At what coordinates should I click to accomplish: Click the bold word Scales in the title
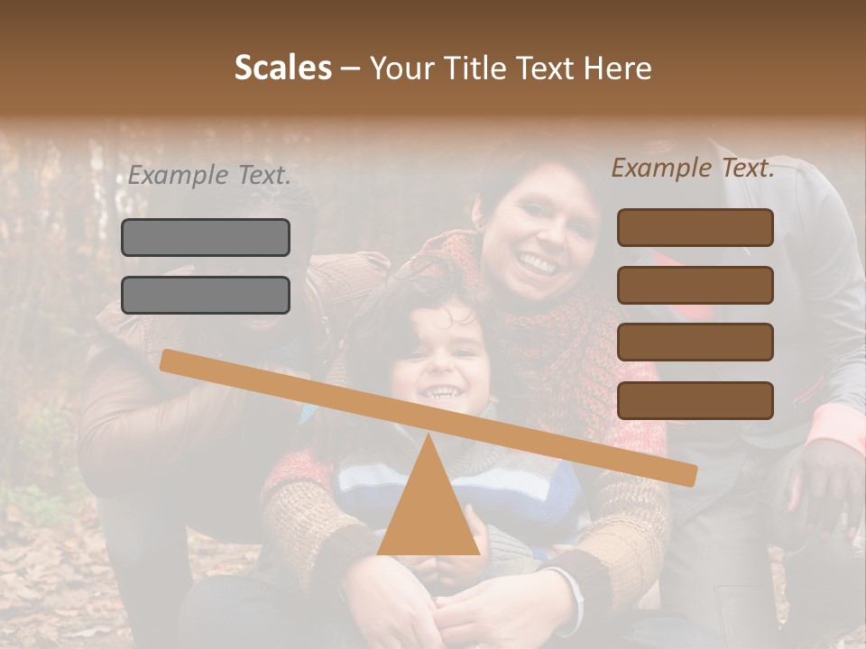282,68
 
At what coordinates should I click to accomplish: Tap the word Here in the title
617,68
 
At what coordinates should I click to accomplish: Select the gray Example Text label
209,176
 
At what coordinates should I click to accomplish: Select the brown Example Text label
693,168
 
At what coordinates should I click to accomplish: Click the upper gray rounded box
206,237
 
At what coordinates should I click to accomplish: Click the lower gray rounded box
206,295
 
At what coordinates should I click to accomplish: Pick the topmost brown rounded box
695,227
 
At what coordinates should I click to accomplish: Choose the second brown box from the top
695,285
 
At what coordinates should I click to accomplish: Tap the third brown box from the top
695,343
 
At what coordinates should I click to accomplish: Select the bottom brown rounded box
695,400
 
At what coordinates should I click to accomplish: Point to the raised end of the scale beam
168,360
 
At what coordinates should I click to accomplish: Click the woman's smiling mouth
538,264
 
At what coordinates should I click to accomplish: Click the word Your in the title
403,68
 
